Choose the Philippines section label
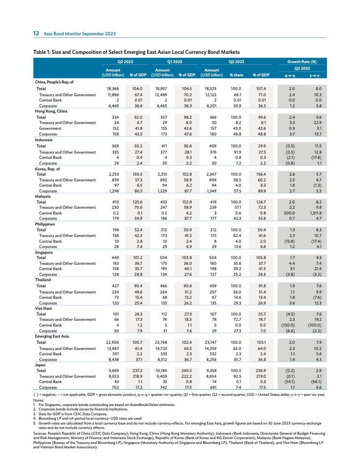pos(45,224)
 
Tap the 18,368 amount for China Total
pos(102,88)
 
